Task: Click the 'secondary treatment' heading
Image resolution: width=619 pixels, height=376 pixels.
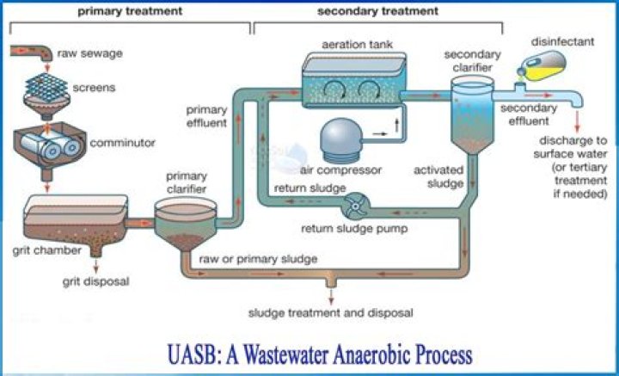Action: pyautogui.click(x=377, y=12)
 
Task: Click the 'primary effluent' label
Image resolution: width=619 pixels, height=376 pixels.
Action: pyautogui.click(x=206, y=115)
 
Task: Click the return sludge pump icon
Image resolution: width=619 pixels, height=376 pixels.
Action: pyautogui.click(x=354, y=206)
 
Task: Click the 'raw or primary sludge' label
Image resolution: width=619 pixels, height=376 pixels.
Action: pyautogui.click(x=257, y=258)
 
